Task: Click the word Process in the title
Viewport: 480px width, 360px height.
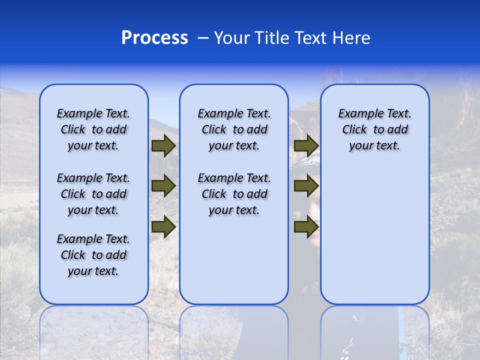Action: [154, 37]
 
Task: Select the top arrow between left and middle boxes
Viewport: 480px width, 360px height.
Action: [163, 145]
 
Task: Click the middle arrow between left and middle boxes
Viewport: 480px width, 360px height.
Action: [163, 186]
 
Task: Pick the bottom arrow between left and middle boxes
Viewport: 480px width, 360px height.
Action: [163, 226]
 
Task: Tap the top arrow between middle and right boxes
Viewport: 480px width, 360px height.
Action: [306, 145]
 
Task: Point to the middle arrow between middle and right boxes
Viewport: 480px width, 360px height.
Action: [306, 186]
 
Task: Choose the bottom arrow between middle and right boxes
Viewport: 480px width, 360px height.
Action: [306, 226]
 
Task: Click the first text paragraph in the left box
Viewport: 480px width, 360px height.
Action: [93, 129]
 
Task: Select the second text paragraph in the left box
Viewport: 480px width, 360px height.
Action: [93, 194]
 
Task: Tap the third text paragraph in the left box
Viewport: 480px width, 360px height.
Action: [93, 255]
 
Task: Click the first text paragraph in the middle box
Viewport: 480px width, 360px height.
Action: [234, 129]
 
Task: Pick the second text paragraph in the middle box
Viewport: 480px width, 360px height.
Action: [234, 194]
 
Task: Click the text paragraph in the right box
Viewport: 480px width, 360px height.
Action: [374, 129]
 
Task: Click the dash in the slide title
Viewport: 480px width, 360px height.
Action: [203, 38]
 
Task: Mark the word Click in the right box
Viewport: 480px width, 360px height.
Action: [354, 130]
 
